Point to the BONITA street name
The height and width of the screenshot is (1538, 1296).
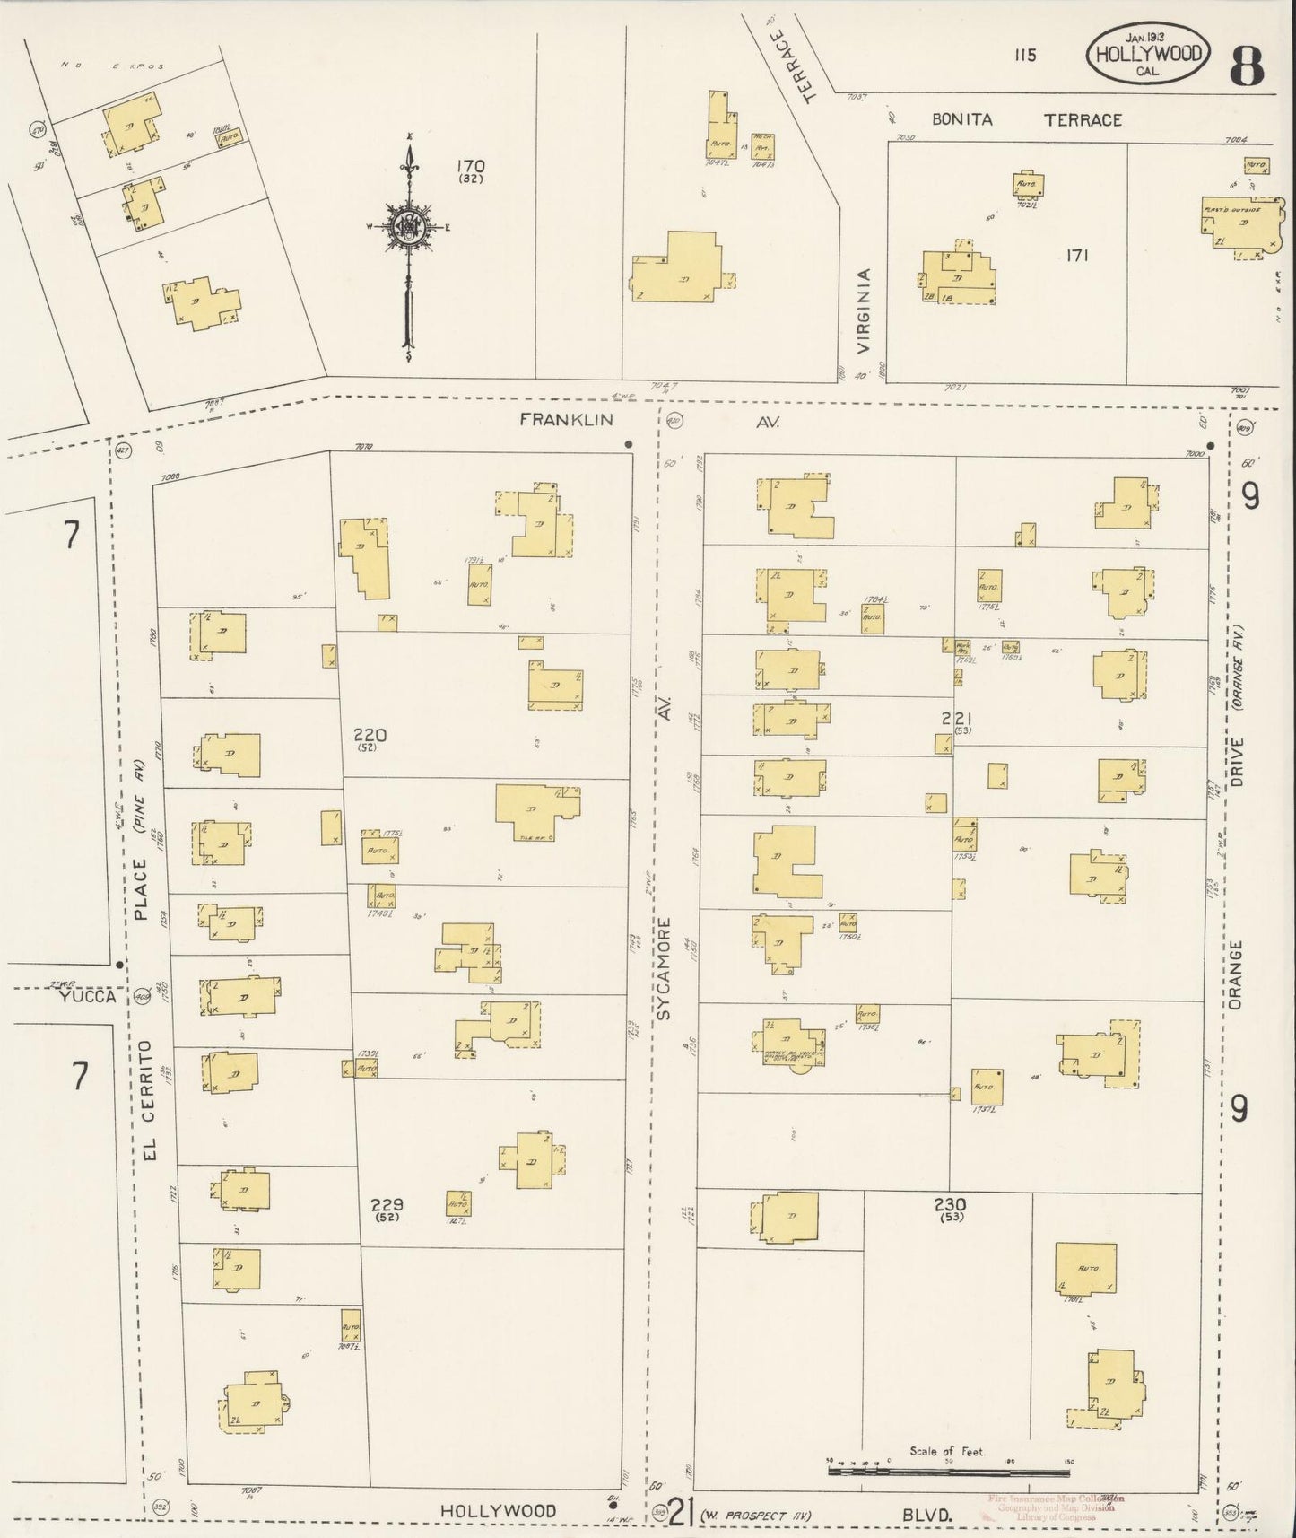coord(961,119)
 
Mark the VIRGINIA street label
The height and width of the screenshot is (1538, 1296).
coord(863,310)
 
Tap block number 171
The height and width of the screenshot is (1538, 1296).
coord(1077,256)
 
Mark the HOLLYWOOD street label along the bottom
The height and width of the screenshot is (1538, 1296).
coord(498,1511)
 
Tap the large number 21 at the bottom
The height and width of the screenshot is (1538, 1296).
coord(682,1515)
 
